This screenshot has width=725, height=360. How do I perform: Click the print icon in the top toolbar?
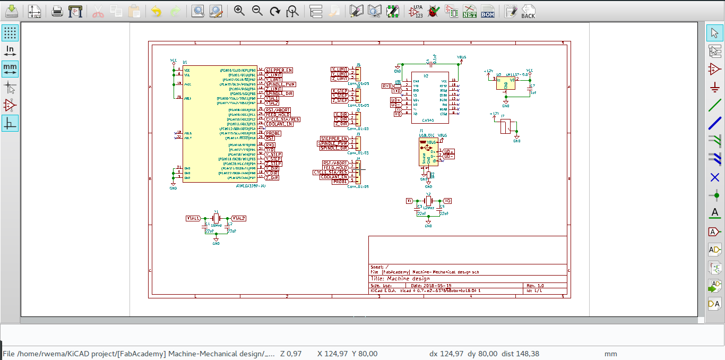57,11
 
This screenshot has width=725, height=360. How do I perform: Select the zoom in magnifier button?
239,11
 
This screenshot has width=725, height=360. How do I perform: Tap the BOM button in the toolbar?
487,11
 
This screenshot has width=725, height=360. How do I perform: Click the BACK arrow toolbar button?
528,11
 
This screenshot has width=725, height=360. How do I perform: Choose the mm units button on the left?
10,68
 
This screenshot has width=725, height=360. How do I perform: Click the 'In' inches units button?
10,50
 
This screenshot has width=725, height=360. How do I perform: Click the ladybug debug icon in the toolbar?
434,11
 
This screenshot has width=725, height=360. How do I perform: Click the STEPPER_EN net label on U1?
279,70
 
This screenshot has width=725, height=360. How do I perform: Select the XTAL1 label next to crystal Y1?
193,218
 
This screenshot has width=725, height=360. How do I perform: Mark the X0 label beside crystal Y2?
447,201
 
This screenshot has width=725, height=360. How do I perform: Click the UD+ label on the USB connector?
449,151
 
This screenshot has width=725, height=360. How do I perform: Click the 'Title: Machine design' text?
400,278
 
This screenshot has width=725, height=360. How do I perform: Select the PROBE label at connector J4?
340,182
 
